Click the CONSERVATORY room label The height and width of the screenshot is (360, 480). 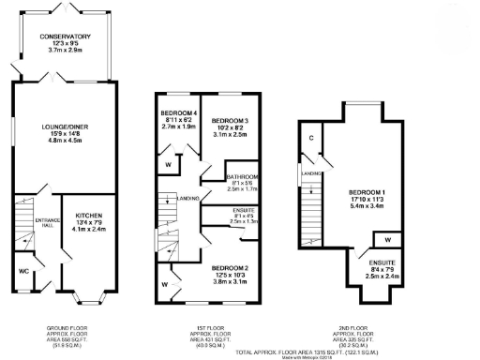(65, 36)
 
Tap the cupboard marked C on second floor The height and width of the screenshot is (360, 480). (310, 138)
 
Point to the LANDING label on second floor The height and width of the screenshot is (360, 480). (307, 172)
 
